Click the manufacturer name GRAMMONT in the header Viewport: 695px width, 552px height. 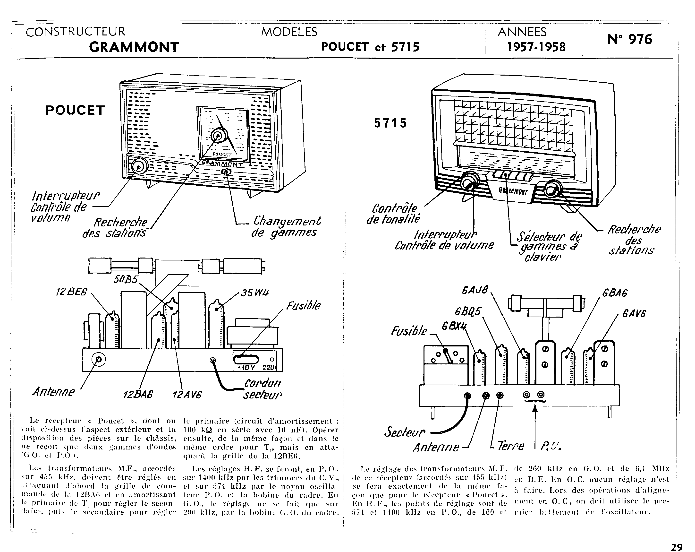(x=134, y=47)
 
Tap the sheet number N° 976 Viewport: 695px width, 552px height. (x=630, y=39)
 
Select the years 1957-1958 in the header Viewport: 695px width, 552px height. (x=536, y=47)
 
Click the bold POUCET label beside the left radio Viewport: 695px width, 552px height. (x=75, y=110)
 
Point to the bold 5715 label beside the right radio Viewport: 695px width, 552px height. (x=390, y=123)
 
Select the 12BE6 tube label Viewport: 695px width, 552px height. (x=71, y=292)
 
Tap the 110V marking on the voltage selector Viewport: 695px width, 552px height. (x=246, y=368)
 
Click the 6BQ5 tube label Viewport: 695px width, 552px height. (x=467, y=311)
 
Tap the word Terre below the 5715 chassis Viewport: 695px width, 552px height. (x=511, y=446)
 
